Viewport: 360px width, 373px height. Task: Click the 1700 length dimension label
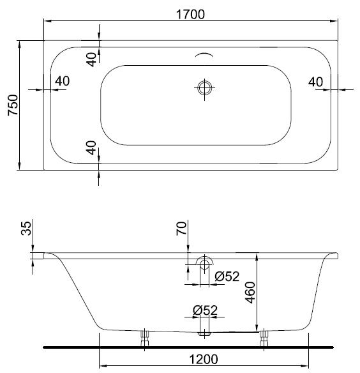[x=190, y=14]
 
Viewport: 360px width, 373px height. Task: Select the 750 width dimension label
[x=13, y=105]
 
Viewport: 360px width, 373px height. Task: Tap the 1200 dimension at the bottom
[x=204, y=359]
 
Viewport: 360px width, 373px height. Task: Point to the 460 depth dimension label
[x=250, y=293]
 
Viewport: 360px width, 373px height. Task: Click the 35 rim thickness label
[x=26, y=229]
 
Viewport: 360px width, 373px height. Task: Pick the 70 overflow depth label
[x=181, y=229]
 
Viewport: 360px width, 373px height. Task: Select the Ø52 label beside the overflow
[x=227, y=277]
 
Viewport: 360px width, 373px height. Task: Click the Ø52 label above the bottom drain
[x=205, y=310]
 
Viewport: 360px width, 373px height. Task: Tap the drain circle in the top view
[x=204, y=88]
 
